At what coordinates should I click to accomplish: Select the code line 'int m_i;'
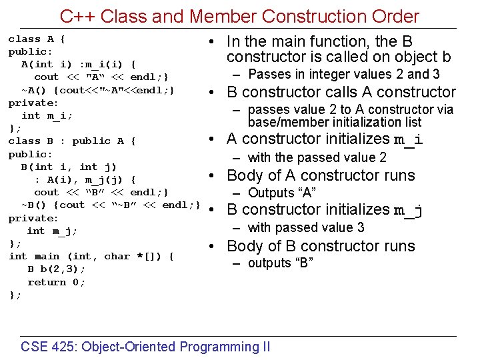47,115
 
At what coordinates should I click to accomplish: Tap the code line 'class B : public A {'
72,141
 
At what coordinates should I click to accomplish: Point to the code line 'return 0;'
57,282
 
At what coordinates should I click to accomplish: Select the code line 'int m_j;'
52,231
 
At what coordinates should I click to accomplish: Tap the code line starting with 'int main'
91,257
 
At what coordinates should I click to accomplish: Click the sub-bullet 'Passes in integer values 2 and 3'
344,75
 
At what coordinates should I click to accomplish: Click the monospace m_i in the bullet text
409,140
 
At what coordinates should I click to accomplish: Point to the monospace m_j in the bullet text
409,211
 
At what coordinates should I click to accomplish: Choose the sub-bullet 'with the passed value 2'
317,158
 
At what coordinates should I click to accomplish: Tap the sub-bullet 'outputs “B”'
280,263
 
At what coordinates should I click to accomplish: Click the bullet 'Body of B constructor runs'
321,246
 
